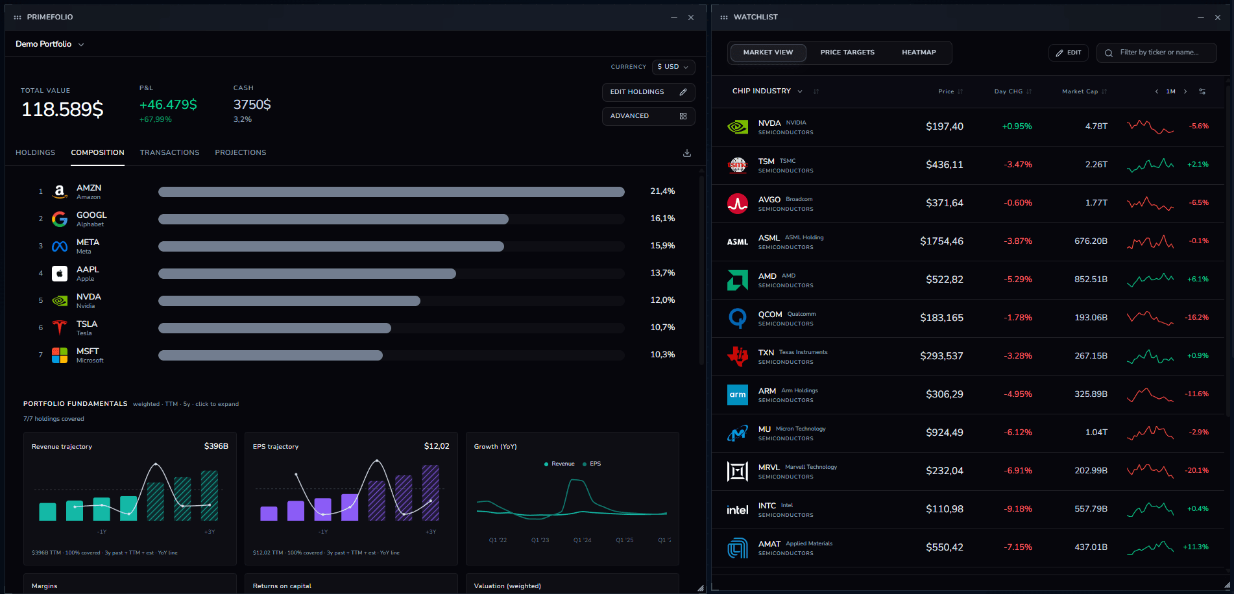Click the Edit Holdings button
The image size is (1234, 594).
pos(648,92)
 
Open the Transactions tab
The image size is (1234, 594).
pos(169,152)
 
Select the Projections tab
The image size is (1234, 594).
pos(241,152)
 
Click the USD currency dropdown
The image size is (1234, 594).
pos(673,67)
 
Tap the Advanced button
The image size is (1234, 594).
pos(648,116)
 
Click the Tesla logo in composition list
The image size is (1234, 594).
pos(60,327)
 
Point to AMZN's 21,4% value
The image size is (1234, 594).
pos(662,191)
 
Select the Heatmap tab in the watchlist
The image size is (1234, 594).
pos(919,53)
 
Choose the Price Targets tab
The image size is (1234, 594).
pos(847,53)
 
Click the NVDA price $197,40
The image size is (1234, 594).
pos(944,126)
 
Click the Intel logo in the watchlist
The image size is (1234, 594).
pos(738,510)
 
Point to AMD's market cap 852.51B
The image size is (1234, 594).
pos(1091,279)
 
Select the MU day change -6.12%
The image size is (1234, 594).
pos(1018,433)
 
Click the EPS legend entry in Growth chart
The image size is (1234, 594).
pos(592,464)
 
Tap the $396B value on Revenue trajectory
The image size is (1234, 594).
pos(216,446)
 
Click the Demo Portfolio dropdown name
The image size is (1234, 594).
pos(43,44)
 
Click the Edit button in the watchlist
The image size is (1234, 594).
pos(1068,53)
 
